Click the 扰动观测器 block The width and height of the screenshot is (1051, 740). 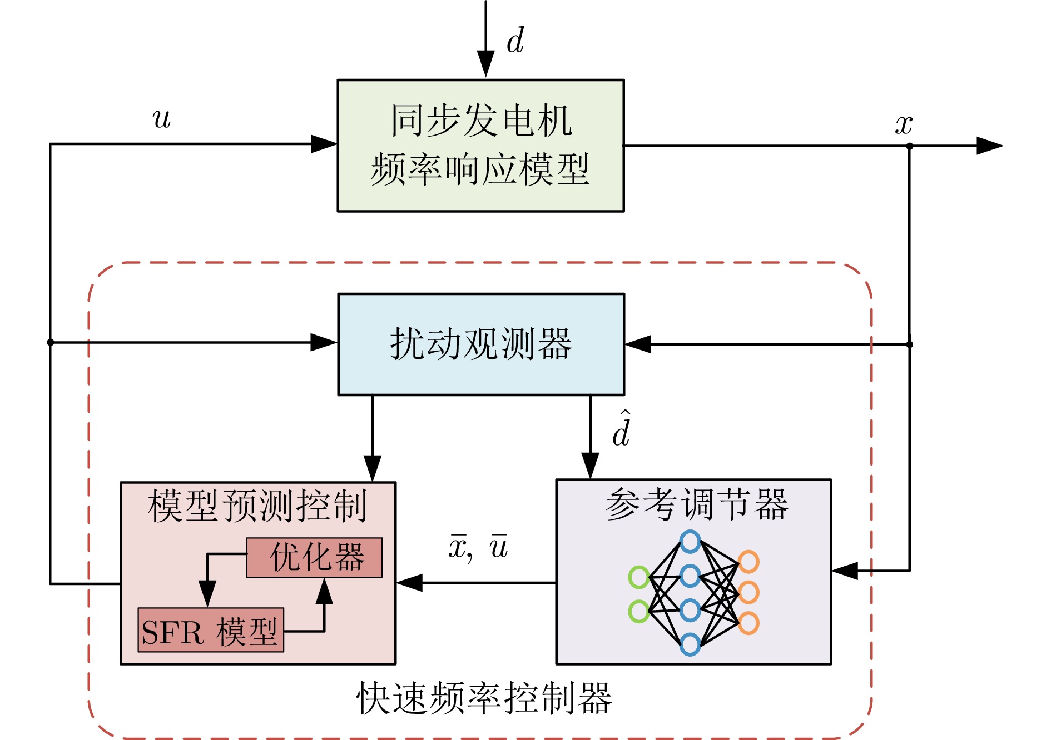click(481, 344)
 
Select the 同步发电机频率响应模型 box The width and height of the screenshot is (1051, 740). click(480, 146)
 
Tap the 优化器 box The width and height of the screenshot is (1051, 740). click(315, 557)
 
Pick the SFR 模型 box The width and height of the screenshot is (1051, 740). click(211, 631)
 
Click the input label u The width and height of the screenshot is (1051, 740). click(162, 118)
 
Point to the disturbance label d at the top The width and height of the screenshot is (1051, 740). click(515, 41)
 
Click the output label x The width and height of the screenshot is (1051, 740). click(904, 124)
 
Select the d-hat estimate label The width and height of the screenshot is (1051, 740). click(621, 429)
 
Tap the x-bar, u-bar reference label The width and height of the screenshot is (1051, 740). click(478, 547)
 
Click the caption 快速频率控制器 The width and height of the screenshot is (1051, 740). click(484, 699)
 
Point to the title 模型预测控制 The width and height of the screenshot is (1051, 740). click(257, 506)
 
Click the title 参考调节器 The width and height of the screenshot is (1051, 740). click(697, 504)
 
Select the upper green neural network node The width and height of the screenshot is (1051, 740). click(639, 577)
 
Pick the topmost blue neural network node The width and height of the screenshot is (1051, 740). click(690, 542)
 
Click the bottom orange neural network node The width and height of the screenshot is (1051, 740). click(748, 623)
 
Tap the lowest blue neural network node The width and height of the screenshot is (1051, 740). click(690, 644)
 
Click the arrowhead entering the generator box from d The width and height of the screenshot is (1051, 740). click(485, 64)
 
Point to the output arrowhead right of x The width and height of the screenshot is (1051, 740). click(990, 146)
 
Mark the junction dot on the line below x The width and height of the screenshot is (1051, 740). click(910, 146)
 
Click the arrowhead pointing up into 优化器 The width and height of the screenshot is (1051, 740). click(324, 592)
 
